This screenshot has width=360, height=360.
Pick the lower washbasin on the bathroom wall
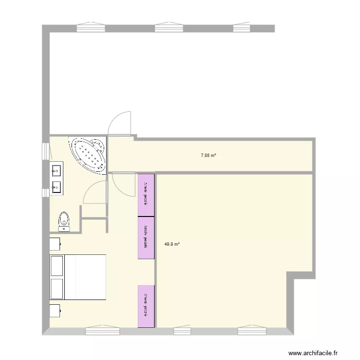coord(56,186)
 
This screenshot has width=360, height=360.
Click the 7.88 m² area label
coord(208,155)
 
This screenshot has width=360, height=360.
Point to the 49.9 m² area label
coord(172,244)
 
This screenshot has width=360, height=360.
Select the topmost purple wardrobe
coord(146,195)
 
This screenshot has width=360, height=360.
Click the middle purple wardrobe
coord(146,238)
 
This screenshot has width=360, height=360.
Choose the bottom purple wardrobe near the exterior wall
coord(146,306)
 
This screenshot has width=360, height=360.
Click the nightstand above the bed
coord(55,244)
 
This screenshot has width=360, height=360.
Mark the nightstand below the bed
coord(55,311)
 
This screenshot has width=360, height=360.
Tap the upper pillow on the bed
coord(57,265)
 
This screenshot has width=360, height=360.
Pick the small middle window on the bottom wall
coord(182,331)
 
